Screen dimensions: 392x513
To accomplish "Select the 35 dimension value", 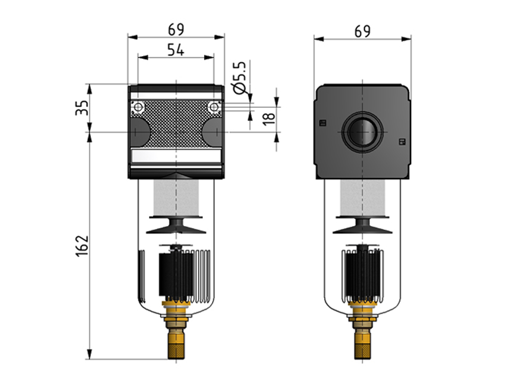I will point(82,107).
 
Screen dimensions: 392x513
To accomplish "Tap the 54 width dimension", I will point(176,49).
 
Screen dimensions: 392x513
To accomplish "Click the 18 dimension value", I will point(268,118).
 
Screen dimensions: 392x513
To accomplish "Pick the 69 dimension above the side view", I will point(362,31).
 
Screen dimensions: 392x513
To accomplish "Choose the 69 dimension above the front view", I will point(176,29).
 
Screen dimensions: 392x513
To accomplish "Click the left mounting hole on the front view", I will point(138,107).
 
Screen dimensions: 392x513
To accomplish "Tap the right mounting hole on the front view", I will point(213,107).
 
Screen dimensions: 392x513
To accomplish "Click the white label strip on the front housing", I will point(176,157).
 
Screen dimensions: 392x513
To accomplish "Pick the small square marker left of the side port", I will point(322,123).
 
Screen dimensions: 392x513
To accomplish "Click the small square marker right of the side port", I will point(402,142).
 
